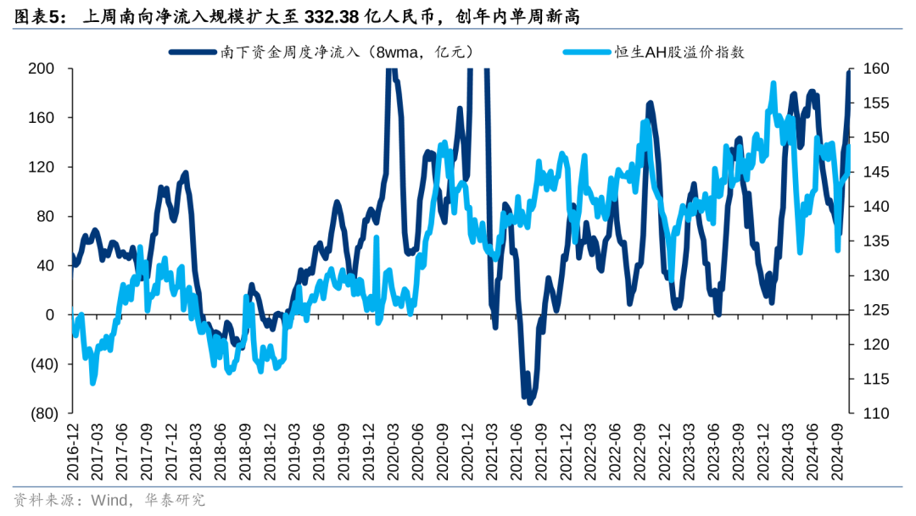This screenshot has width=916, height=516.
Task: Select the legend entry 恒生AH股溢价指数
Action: tap(679, 52)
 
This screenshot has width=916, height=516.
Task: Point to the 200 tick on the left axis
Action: tap(41, 69)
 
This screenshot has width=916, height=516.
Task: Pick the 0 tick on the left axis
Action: tap(49, 315)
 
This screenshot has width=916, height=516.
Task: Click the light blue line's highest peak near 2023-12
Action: tap(774, 84)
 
